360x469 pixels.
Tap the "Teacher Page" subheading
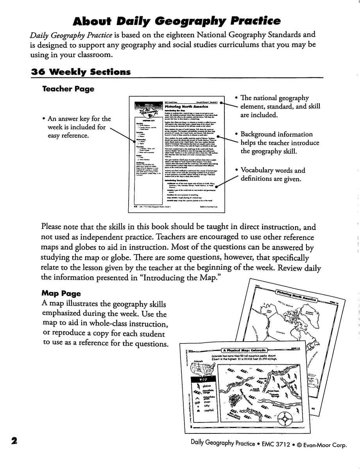pyautogui.click(x=68, y=89)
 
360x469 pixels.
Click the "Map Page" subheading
pyautogui.click(x=61, y=293)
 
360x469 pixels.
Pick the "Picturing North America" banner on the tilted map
pyautogui.click(x=297, y=297)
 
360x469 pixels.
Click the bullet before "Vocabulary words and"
pyautogui.click(x=237, y=171)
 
